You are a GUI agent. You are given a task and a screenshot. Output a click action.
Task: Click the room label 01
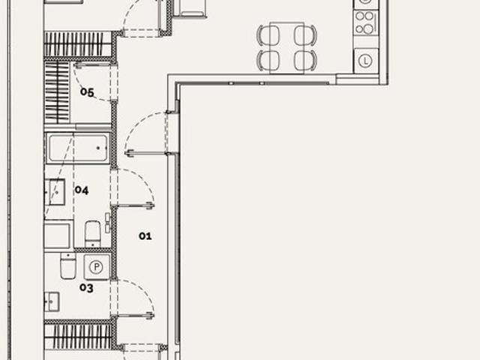pyautogui.click(x=145, y=236)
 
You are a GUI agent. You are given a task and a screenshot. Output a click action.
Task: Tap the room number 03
pyautogui.click(x=86, y=288)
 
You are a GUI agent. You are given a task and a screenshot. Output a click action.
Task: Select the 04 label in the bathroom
pyautogui.click(x=82, y=190)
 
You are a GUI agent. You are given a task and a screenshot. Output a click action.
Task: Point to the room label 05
pyautogui.click(x=87, y=92)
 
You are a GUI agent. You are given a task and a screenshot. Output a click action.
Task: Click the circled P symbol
pyautogui.click(x=97, y=267)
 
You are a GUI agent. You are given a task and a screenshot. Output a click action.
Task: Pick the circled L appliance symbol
pyautogui.click(x=365, y=61)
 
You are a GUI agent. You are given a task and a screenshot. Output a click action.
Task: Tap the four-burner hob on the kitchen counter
pyautogui.click(x=365, y=22)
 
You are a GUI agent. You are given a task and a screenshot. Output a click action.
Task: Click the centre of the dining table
pyautogui.click(x=286, y=48)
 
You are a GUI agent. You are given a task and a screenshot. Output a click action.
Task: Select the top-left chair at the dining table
pyautogui.click(x=268, y=35)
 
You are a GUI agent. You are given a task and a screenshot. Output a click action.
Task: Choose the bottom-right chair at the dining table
pyautogui.click(x=305, y=60)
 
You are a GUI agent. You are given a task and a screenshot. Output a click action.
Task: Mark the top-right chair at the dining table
pyautogui.click(x=305, y=35)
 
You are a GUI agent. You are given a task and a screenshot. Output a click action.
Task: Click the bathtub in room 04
pyautogui.click(x=78, y=148)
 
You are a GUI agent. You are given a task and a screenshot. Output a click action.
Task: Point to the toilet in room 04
pyautogui.click(x=93, y=234)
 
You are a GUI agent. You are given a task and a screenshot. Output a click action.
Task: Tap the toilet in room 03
pyautogui.click(x=68, y=265)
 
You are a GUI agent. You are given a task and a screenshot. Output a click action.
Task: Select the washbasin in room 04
pyautogui.click(x=55, y=192)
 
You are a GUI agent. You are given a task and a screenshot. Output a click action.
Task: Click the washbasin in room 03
pyautogui.click(x=52, y=301)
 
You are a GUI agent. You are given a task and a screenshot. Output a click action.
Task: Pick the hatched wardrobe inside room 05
pyautogui.click(x=57, y=92)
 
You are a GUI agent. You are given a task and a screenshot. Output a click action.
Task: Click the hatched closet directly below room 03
pyautogui.click(x=78, y=337)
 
